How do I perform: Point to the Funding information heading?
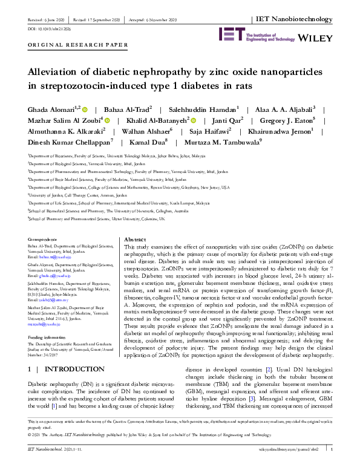click(48, 336)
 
